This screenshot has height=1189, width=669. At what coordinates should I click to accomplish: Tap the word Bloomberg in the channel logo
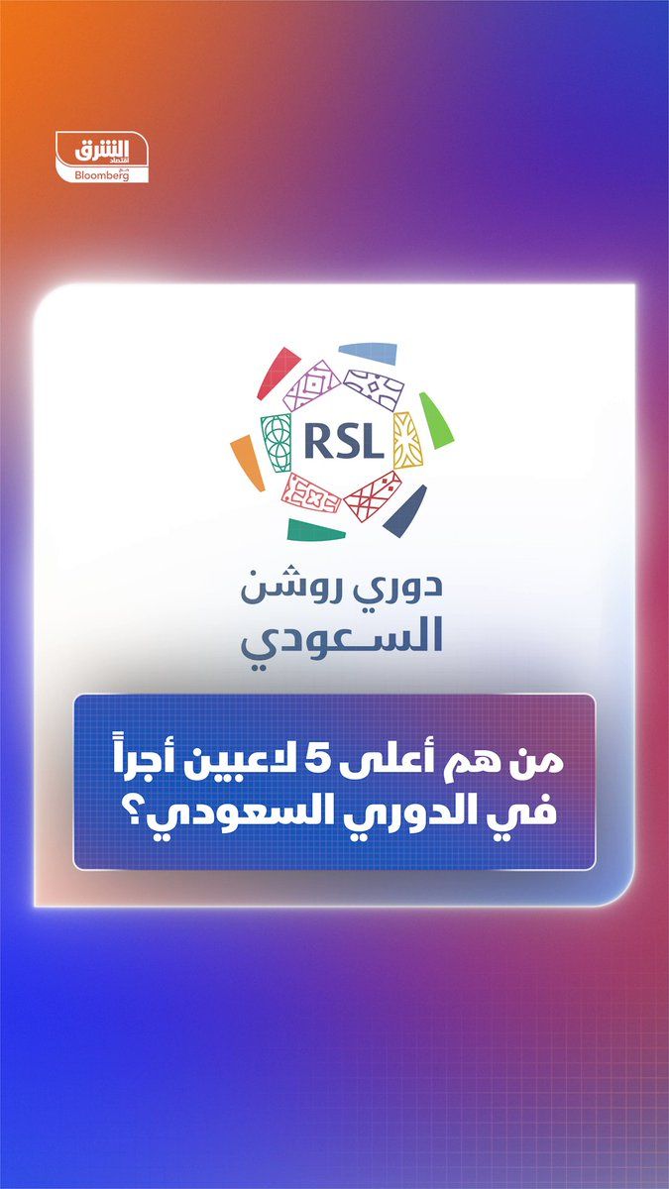(x=102, y=175)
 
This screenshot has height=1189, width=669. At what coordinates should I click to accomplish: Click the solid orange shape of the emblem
(x=247, y=463)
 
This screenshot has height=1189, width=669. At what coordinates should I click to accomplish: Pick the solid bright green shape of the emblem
(x=435, y=420)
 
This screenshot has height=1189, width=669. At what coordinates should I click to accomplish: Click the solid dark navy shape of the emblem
(x=405, y=509)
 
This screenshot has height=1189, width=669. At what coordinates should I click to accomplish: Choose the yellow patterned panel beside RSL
(x=407, y=440)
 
